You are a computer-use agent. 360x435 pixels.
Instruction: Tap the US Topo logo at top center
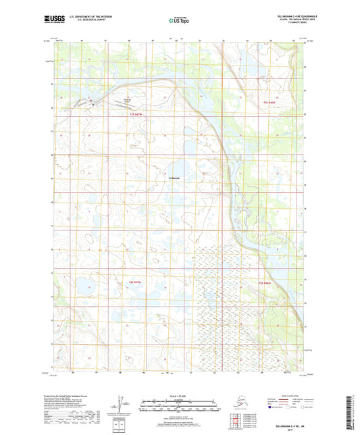pyautogui.click(x=180, y=21)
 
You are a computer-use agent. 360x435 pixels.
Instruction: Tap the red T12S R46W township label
pyautogui.click(x=268, y=101)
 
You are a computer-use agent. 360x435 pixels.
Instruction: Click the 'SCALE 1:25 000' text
pyautogui.click(x=180, y=397)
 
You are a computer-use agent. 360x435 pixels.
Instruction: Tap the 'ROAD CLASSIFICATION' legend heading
pyautogui.click(x=277, y=395)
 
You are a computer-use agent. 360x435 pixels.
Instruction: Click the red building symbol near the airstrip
pyautogui.click(x=94, y=104)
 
